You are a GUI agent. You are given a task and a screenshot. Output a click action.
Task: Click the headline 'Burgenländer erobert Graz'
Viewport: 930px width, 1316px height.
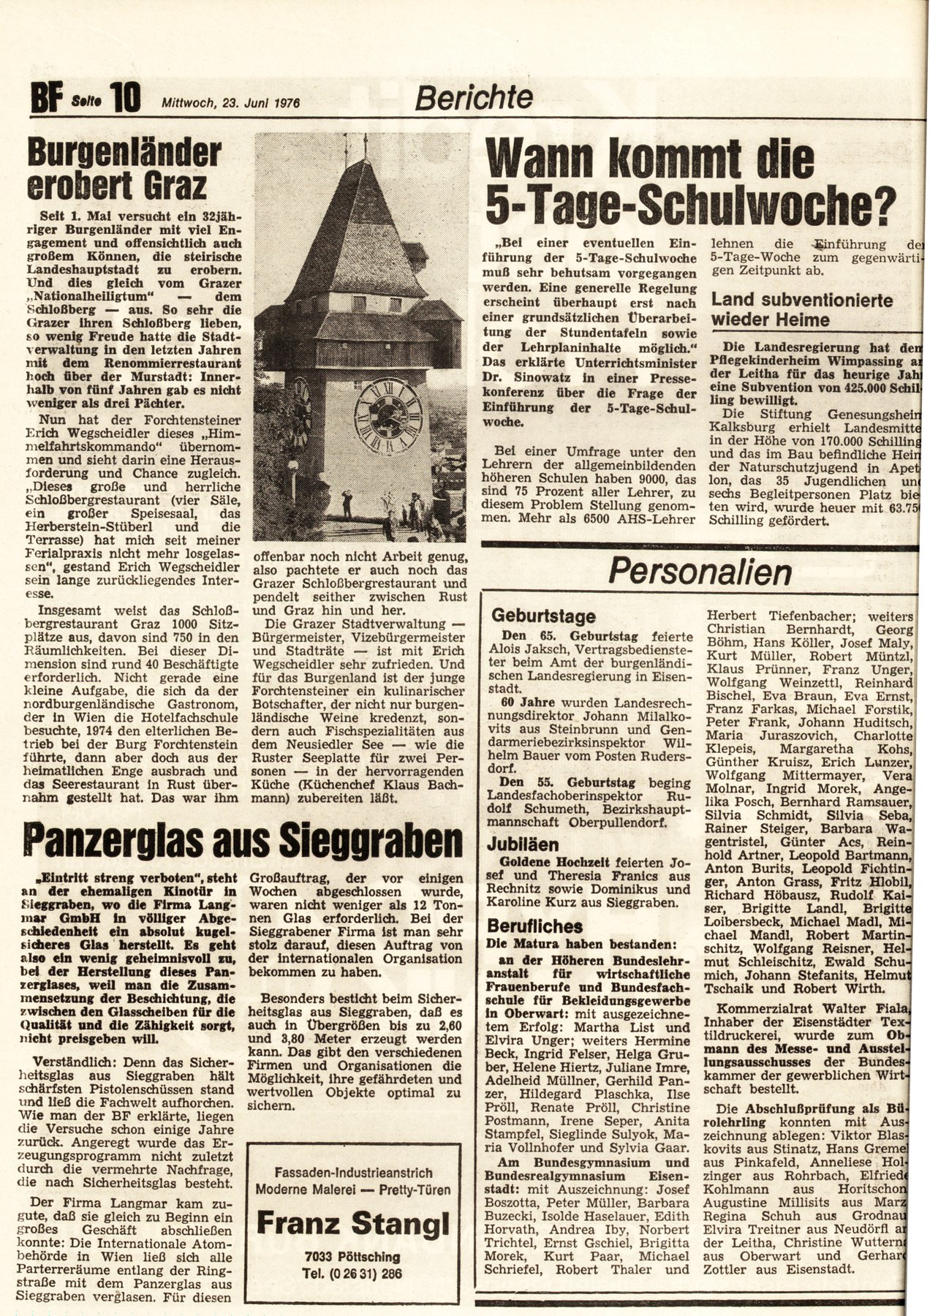pos(124,170)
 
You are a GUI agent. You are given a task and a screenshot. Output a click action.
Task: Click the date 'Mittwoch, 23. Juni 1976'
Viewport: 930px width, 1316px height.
pos(231,103)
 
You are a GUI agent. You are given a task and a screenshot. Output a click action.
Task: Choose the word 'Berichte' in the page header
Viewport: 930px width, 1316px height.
pos(474,97)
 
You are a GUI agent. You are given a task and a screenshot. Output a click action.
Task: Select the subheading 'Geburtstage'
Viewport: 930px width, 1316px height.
pos(543,616)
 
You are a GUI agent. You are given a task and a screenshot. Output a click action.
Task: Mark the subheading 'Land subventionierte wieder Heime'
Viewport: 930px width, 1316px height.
pos(801,309)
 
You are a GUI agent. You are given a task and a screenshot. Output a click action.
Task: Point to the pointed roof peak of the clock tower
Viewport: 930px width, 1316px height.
pos(352,162)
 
